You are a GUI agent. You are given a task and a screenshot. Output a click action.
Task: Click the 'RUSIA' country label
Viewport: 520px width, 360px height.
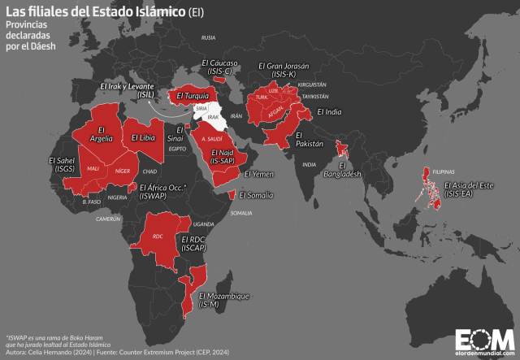[x=209, y=37]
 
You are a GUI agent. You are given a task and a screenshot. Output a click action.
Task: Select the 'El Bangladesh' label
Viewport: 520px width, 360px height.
[x=341, y=170]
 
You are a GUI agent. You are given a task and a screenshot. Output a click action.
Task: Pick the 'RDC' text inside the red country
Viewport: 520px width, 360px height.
[x=158, y=236]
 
